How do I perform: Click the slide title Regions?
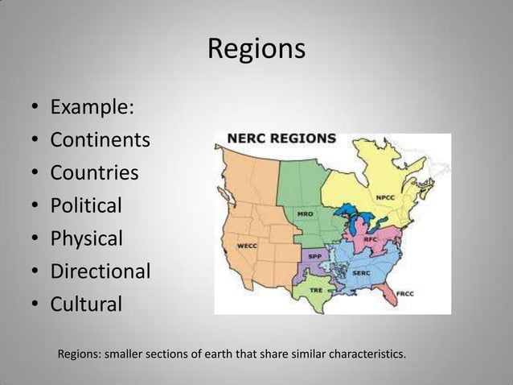[256, 49]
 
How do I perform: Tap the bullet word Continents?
[101, 140]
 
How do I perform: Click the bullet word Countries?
[95, 173]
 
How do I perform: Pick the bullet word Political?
[86, 206]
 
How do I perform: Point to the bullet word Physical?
[87, 239]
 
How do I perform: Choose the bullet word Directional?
[101, 271]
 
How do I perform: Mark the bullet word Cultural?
[87, 304]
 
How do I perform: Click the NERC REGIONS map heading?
[281, 139]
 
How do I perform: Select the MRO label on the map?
[306, 214]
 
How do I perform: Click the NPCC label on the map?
[385, 197]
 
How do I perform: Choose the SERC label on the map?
[361, 273]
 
